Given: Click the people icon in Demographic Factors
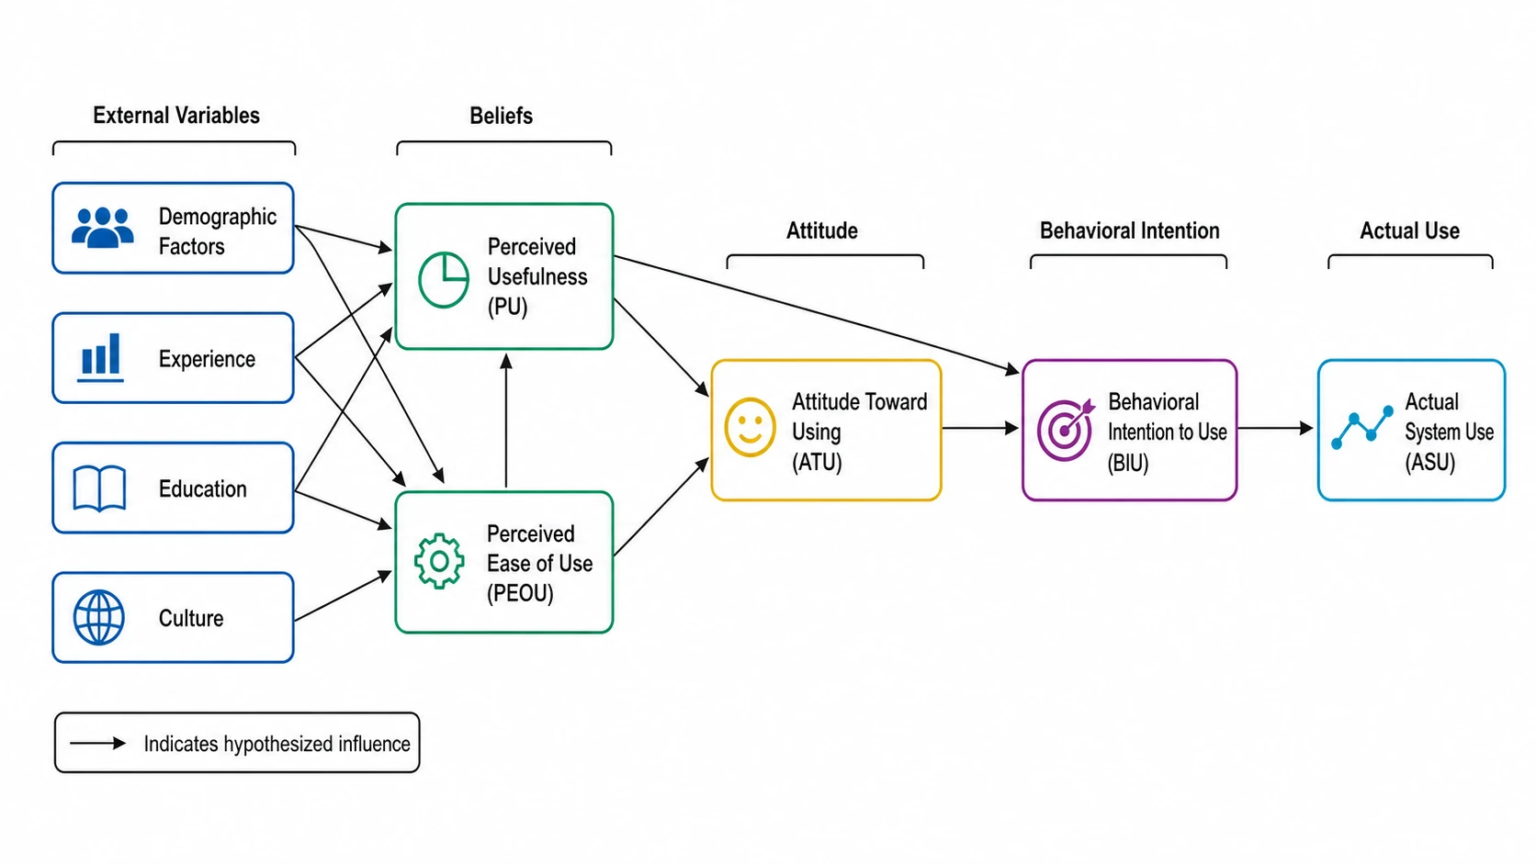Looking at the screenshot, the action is coord(102,228).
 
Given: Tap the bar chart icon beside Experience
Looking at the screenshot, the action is coord(100,357).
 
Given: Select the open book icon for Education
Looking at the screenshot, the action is coord(99,488).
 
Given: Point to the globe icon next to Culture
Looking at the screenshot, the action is coord(98,617).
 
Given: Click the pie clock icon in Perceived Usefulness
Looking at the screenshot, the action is coord(444,279).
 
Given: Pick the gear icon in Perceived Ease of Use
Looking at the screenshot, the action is coord(439,561).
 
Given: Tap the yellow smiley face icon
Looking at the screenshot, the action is coord(751,427).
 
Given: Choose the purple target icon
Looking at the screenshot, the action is coord(1065,430).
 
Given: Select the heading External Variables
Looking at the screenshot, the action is coord(176,115).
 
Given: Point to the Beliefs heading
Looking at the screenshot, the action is coord(502,116).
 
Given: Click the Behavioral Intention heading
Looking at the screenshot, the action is coord(1129,230).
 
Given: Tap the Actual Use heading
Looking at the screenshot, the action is coord(1410,230).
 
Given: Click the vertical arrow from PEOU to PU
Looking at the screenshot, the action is coord(506,420).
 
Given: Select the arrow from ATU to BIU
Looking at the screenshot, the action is coord(980,428).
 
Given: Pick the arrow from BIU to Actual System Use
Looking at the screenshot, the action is coord(1275,428).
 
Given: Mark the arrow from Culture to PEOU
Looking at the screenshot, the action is coord(343,596).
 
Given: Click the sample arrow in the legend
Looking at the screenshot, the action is coord(98,743).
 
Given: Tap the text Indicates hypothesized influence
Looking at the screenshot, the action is coord(277,744).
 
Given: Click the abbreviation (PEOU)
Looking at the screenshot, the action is coord(520,592).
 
